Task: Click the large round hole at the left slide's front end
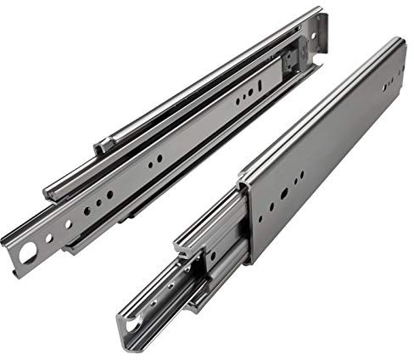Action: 26,252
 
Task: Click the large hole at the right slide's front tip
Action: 134,323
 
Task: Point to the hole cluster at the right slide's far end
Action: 389,84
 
